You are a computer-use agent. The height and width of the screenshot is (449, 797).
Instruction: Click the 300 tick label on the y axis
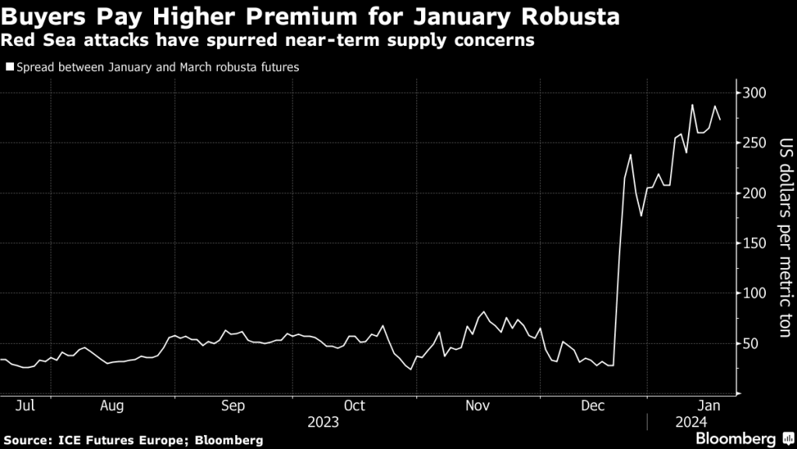[x=755, y=93]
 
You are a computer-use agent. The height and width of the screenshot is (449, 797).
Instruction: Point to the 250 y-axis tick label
[x=755, y=143]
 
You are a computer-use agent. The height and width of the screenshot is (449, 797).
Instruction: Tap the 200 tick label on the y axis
[x=755, y=193]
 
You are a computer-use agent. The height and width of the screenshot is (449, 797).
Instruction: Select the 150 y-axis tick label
[x=755, y=243]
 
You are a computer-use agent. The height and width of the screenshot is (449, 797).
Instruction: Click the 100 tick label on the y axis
[x=755, y=294]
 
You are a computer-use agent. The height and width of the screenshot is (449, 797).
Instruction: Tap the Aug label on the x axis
[x=112, y=405]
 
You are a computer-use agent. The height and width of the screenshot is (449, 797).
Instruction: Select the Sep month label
[x=233, y=405]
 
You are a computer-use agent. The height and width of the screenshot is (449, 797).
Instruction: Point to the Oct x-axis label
[x=355, y=405]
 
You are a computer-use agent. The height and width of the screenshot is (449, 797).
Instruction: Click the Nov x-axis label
[x=476, y=405]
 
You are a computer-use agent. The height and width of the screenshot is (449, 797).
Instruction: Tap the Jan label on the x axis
[x=709, y=405]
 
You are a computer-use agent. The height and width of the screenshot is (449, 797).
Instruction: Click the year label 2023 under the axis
[x=324, y=422]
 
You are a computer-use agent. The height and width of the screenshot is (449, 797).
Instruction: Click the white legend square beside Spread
[x=9, y=68]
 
